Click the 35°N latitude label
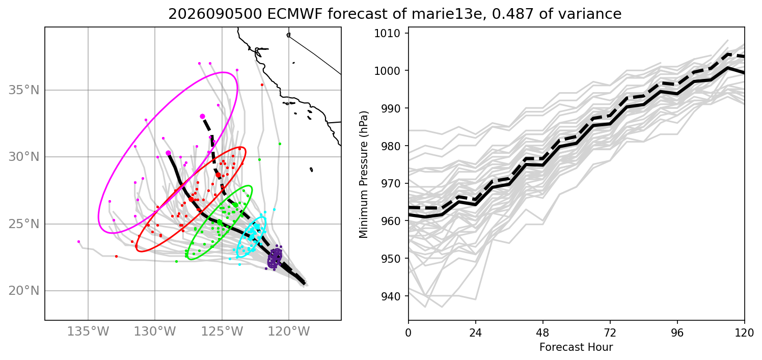tap(24, 91)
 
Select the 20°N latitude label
tap(24, 291)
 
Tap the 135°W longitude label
tap(88, 331)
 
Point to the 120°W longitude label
tap(289, 331)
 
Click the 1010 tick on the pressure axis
tap(387, 33)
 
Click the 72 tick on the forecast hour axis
tap(610, 333)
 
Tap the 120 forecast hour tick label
tap(744, 333)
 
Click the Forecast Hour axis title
tap(576, 347)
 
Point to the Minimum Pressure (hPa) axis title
tap(364, 174)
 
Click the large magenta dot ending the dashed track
tap(202, 116)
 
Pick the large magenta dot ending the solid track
tap(168, 153)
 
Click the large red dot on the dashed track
tap(218, 175)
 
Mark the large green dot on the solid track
tap(220, 222)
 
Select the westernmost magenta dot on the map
tap(78, 242)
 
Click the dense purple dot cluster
tap(275, 258)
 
